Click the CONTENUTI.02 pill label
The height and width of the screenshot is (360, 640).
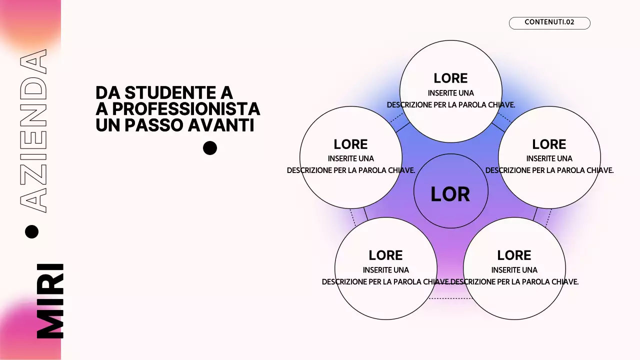click(549, 22)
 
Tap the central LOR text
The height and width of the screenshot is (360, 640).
click(450, 194)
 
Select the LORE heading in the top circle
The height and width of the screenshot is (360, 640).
click(450, 78)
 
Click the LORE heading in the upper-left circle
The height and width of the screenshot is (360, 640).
click(350, 144)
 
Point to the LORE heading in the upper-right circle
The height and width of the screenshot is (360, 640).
click(549, 144)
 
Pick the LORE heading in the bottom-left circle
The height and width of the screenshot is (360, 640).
click(385, 255)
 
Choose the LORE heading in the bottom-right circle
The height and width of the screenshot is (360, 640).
click(514, 255)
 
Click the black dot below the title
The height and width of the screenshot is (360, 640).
click(210, 148)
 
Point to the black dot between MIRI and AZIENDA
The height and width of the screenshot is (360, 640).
click(31, 231)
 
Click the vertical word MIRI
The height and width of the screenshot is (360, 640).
click(50, 301)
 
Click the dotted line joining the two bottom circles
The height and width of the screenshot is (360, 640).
click(450, 298)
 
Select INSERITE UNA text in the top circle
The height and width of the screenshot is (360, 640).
click(450, 93)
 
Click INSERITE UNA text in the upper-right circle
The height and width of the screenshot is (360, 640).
click(549, 158)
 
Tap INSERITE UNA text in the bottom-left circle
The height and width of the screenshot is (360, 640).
click(385, 270)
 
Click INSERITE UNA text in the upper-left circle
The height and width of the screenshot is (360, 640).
click(350, 158)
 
